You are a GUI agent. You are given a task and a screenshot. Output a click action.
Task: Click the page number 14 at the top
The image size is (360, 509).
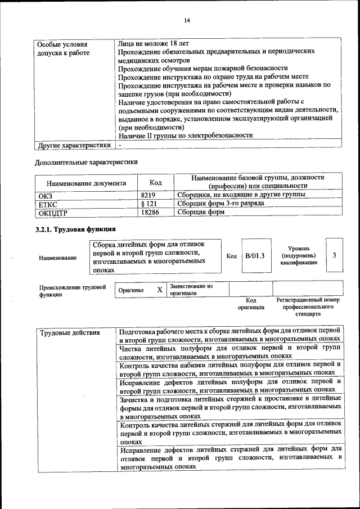point(187,21)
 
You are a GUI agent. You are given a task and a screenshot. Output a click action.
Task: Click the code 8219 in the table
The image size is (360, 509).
point(148,194)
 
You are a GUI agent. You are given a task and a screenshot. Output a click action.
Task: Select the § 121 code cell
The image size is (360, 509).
point(148,203)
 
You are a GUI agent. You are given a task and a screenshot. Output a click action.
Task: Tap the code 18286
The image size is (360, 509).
point(148,212)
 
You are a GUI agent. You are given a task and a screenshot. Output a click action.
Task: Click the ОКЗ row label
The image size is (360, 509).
point(44,195)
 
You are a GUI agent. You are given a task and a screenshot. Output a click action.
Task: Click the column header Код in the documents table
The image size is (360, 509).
point(155,182)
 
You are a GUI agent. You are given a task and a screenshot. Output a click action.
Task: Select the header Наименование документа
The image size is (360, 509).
point(86,183)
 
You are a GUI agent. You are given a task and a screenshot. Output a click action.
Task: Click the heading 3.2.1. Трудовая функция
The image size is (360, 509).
point(75,229)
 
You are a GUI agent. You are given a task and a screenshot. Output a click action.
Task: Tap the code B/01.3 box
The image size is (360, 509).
point(255,255)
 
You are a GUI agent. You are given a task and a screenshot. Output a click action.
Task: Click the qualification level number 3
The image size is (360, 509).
point(334,255)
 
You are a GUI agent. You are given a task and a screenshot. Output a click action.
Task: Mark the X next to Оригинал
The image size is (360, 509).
point(160,290)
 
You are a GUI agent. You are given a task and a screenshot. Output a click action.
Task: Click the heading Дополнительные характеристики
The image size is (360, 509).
point(86,162)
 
